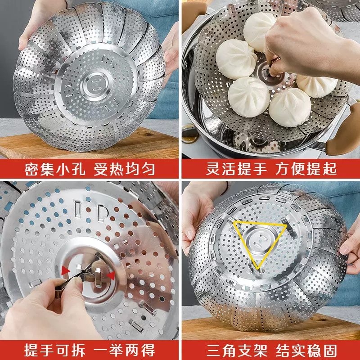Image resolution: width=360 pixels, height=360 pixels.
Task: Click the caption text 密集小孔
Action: tap(55, 169)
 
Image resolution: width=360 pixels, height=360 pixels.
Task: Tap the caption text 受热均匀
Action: tap(124, 169)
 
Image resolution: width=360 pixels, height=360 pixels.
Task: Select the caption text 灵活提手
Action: tap(237, 169)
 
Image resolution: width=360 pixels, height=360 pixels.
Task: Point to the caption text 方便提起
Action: tap(306, 169)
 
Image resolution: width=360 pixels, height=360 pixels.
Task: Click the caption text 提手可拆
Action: tap(55, 350)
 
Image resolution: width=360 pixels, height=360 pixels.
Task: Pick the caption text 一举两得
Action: tap(124, 350)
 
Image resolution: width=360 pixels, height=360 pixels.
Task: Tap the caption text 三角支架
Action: tap(237, 351)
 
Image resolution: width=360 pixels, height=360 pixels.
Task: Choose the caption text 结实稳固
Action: tap(306, 351)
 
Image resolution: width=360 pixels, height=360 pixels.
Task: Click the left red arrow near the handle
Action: tap(65, 271)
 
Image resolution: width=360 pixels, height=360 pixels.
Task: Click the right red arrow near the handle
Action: tap(111, 276)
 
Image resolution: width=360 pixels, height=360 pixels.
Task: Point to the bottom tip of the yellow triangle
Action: tap(258, 269)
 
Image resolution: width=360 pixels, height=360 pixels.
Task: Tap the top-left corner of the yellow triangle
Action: tap(234, 222)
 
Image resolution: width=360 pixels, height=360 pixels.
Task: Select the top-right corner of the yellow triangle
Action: tap(286, 226)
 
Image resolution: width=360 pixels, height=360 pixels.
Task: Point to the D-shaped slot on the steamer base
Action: tap(103, 213)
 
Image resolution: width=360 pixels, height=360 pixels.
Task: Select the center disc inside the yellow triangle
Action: tap(260, 242)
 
